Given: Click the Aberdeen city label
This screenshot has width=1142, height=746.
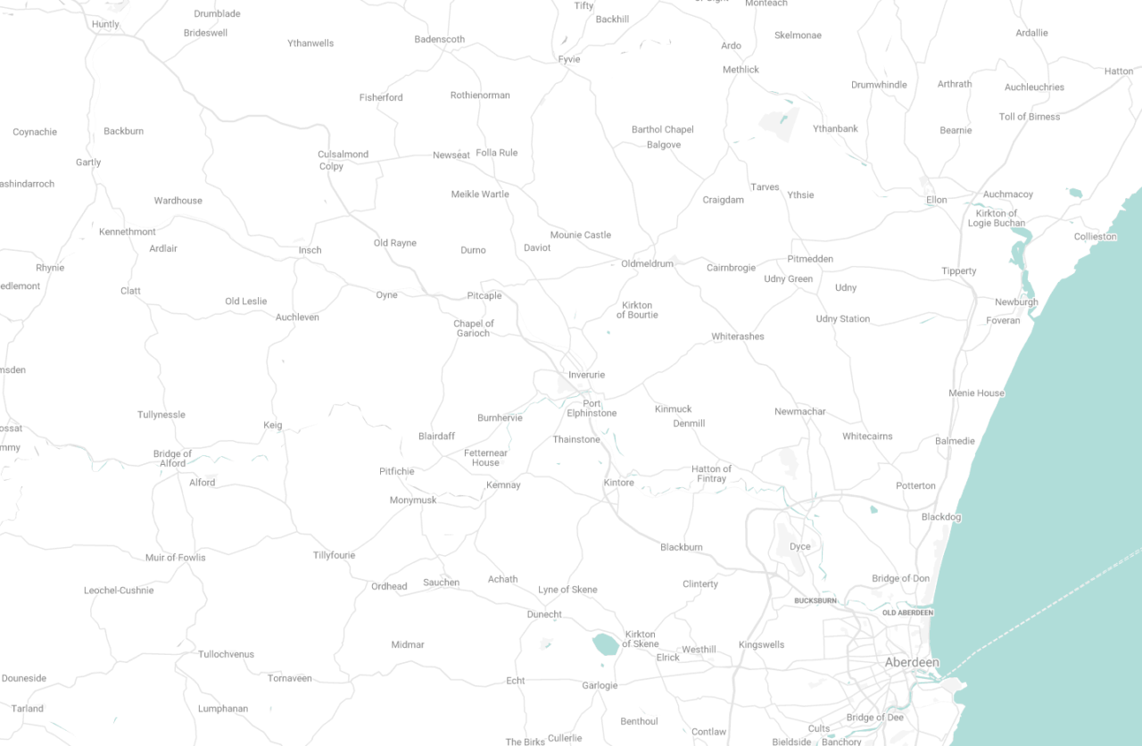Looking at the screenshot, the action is (912, 662).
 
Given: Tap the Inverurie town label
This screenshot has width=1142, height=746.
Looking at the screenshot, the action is (586, 375).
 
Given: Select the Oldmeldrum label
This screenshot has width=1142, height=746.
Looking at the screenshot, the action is (647, 263).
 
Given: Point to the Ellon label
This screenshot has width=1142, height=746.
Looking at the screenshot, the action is (936, 200).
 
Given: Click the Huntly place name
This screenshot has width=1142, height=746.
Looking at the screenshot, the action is (105, 24).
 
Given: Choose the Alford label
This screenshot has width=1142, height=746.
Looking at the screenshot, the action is (202, 483).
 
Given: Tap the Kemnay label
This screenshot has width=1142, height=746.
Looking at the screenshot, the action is (503, 485).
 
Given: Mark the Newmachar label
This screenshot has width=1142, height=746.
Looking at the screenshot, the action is (800, 411).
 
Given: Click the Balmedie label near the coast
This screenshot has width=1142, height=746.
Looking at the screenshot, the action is (955, 441).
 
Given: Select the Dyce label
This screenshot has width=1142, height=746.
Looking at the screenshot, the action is (799, 546).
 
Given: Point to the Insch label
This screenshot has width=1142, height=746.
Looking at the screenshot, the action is (310, 250).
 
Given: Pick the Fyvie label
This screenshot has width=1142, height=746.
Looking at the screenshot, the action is (569, 60).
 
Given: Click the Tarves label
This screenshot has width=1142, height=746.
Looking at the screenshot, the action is (765, 187).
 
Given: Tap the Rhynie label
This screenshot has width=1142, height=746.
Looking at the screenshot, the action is (50, 268).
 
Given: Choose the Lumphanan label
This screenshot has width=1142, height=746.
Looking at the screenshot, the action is (223, 709).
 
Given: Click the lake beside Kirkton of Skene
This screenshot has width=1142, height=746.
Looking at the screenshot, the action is (606, 643).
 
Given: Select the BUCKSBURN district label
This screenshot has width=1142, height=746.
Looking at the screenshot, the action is (815, 601).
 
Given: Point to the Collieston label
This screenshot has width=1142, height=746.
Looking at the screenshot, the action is (1095, 236).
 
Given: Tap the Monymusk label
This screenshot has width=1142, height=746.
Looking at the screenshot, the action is (413, 501).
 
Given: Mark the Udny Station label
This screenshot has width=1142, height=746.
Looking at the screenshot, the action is (842, 319).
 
